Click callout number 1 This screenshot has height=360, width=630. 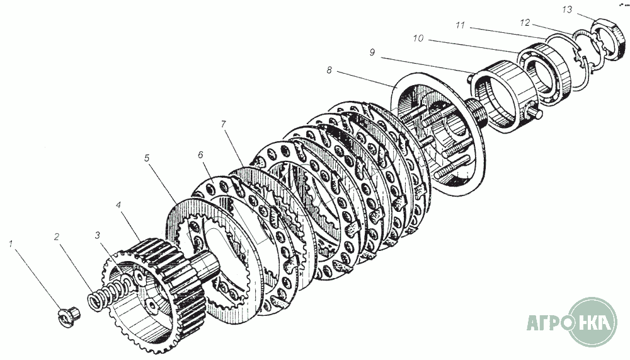click(11, 244)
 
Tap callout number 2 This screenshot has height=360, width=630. click(57, 237)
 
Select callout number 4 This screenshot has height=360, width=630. click(118, 205)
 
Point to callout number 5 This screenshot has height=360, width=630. click(147, 158)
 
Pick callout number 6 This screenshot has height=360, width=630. click(200, 155)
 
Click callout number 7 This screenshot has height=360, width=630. click(224, 124)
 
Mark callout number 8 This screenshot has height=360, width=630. click(329, 71)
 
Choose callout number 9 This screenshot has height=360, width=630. click(372, 52)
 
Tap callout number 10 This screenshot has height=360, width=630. click(418, 38)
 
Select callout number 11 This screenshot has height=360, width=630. click(460, 25)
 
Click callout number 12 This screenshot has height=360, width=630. click(525, 23)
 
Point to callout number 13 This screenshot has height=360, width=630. click(568, 9)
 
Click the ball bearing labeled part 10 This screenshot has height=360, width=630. click(544, 74)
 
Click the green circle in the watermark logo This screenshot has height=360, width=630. click(593, 322)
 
